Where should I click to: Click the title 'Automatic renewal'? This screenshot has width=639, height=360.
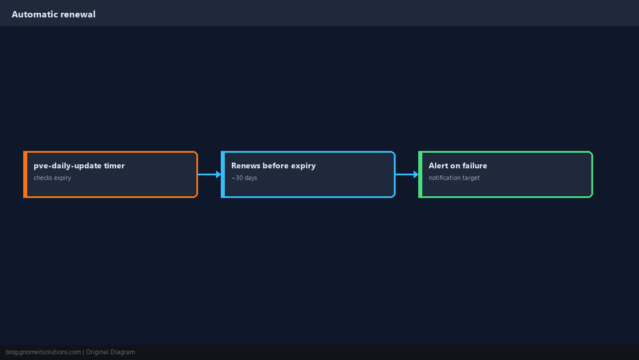(53, 15)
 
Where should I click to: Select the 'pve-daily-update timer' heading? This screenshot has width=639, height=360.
(79, 165)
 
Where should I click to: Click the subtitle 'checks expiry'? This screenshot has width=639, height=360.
(52, 178)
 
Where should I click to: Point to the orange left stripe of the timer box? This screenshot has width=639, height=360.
(25, 174)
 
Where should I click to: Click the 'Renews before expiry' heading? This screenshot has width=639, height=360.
(273, 165)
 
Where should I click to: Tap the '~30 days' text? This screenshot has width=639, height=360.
(244, 178)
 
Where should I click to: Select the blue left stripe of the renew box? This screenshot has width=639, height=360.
(222, 174)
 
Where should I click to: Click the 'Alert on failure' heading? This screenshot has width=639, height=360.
(458, 165)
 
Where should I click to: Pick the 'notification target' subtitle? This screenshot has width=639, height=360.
(454, 178)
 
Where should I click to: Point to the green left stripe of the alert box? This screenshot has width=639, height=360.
(420, 174)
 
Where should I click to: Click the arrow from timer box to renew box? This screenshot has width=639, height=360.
(210, 174)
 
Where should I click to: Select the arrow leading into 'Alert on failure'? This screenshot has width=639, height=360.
(407, 174)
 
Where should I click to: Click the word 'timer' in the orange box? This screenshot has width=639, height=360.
(114, 165)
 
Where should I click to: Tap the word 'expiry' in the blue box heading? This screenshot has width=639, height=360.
(303, 165)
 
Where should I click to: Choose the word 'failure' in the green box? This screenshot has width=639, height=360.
(474, 165)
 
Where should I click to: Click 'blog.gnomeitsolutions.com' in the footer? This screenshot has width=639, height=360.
(43, 352)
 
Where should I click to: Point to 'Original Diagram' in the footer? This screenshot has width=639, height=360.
(110, 352)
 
